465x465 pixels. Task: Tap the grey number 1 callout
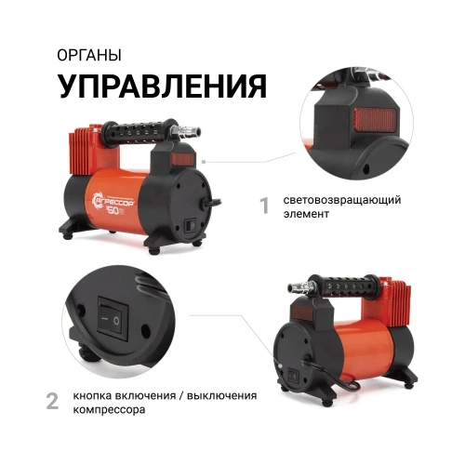pyautogui.click(x=263, y=205)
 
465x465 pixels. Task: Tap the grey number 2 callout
pyautogui.click(x=53, y=401)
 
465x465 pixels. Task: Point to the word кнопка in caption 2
pyautogui.click(x=100, y=394)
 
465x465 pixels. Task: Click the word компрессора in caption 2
pyautogui.click(x=113, y=409)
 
